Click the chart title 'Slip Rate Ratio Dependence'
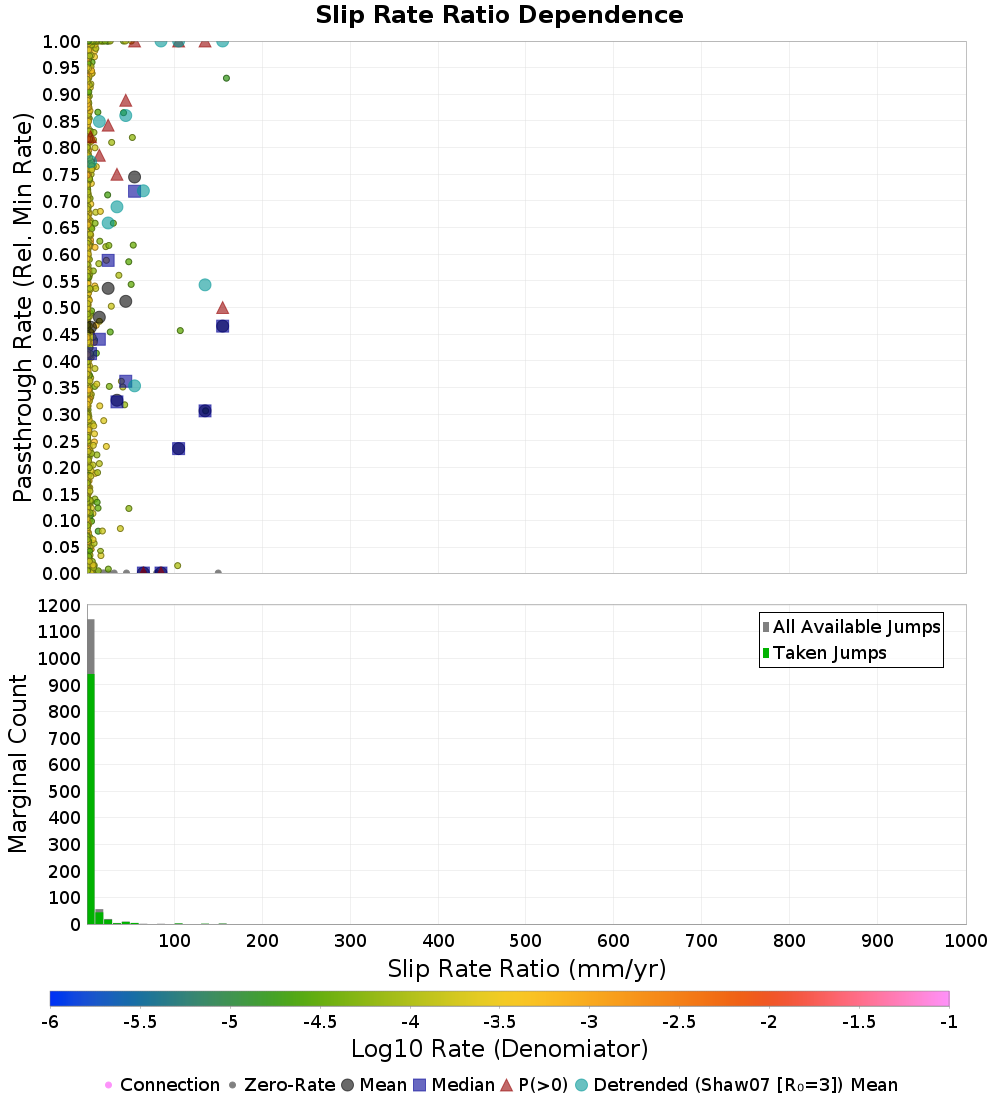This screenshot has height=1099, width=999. click(x=499, y=16)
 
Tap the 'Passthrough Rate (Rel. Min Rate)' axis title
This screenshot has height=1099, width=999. click(x=23, y=307)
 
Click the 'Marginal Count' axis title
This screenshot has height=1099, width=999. click(x=18, y=764)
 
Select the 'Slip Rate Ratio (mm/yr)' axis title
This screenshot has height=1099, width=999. click(x=526, y=969)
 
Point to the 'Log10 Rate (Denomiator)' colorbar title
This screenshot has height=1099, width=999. click(x=499, y=1049)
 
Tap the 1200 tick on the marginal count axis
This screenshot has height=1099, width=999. click(x=58, y=606)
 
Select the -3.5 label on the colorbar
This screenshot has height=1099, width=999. click(x=499, y=1022)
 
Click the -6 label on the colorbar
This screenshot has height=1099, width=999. click(x=50, y=1022)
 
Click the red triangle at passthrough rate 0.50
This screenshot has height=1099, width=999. click(x=223, y=308)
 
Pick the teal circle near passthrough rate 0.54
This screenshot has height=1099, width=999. click(x=205, y=285)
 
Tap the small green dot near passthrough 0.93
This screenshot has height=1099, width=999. click(x=226, y=78)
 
